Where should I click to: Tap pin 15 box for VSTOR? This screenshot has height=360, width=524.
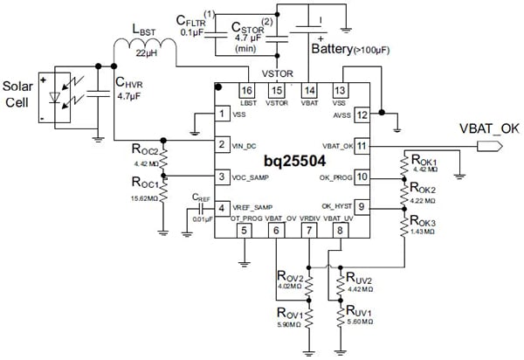(x=277, y=91)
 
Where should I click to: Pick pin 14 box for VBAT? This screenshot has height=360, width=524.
(x=308, y=91)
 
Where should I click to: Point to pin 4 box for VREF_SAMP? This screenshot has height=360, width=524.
(x=224, y=207)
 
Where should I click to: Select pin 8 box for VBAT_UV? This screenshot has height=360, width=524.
(x=339, y=230)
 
